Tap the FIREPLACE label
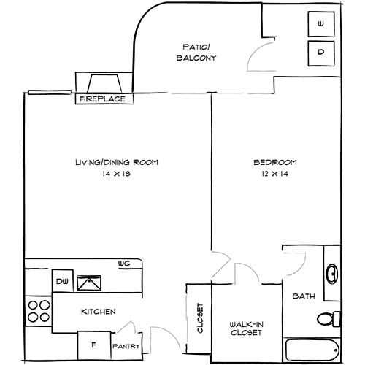101,98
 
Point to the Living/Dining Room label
117,162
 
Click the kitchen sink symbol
91,282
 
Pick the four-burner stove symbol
39,310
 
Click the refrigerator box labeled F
93,344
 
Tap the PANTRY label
124,346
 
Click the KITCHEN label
98,312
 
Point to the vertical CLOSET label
199,319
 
